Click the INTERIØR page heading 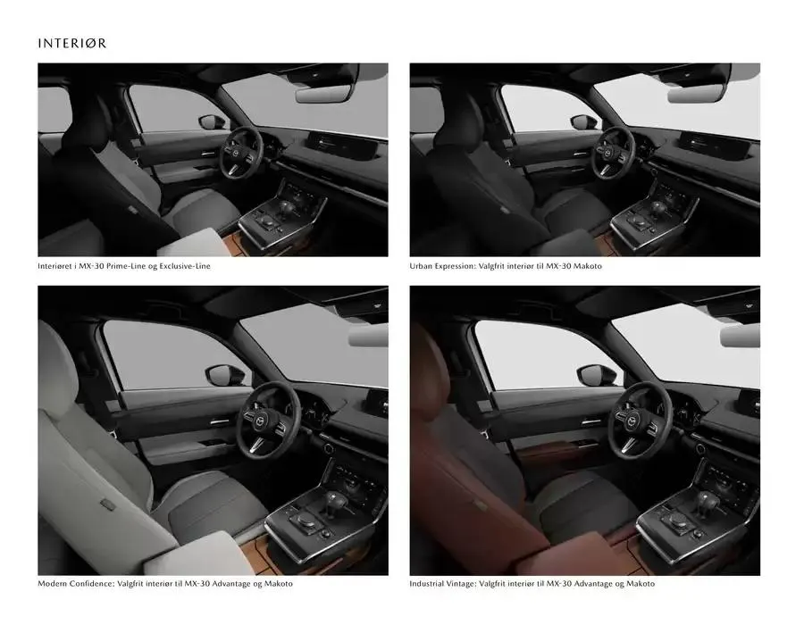[x=72, y=43]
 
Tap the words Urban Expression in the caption [x=447, y=266]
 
